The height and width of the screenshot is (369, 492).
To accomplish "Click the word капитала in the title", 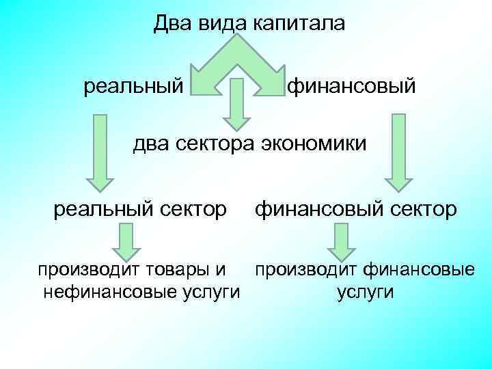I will (x=300, y=24).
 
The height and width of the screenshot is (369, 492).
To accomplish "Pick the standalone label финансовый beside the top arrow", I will (x=351, y=87).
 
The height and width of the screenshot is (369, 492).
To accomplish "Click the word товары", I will (x=176, y=271).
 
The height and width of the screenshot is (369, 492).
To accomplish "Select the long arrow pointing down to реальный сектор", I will (x=100, y=154).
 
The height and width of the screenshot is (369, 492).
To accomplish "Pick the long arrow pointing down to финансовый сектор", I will (x=396, y=154).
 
